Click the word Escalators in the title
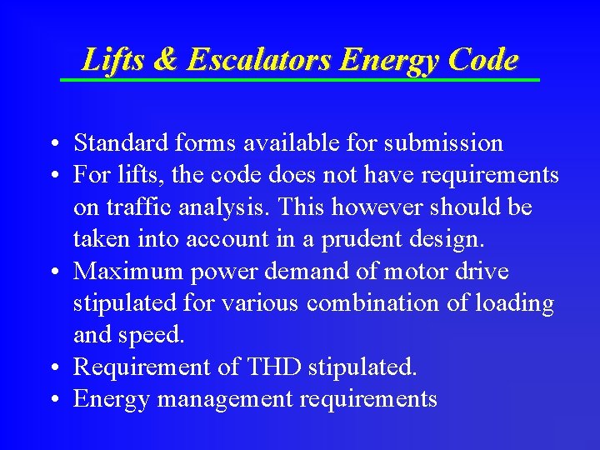[x=259, y=60]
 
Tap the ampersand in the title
[x=165, y=60]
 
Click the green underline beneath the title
[x=300, y=79]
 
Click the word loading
[x=514, y=304]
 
